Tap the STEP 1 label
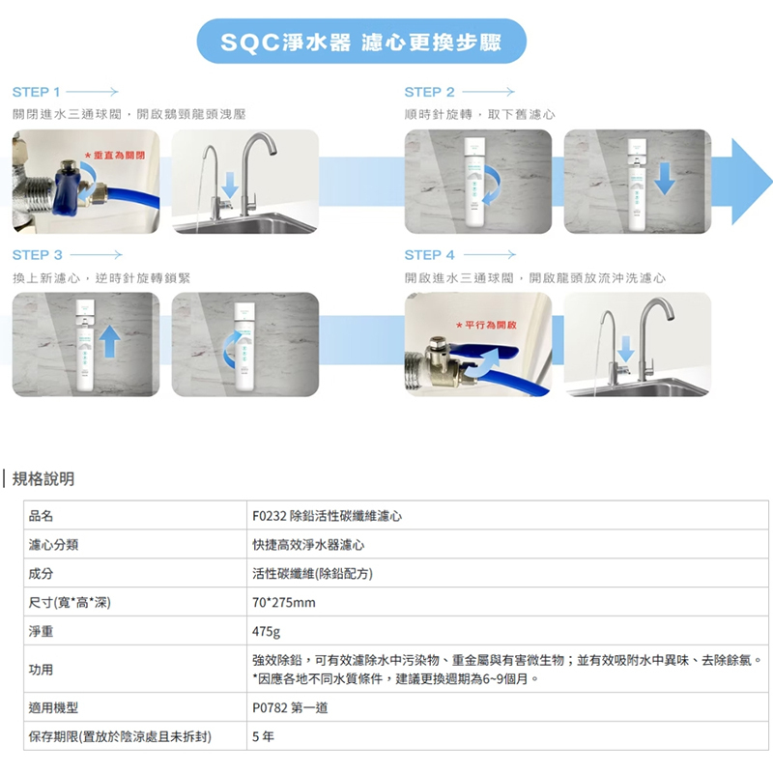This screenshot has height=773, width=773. point(37,92)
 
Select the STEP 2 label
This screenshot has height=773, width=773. point(429,92)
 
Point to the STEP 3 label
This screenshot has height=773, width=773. point(37,255)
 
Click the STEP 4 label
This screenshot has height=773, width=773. point(429,255)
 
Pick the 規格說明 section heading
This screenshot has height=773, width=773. point(43,479)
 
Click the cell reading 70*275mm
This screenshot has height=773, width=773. point(283,602)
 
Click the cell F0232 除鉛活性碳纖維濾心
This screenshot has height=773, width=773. point(327,516)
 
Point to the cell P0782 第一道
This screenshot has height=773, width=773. point(289,707)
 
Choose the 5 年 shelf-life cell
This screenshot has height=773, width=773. point(261,736)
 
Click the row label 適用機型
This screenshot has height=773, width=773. point(53,707)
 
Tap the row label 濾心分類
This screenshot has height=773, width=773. point(53,545)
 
